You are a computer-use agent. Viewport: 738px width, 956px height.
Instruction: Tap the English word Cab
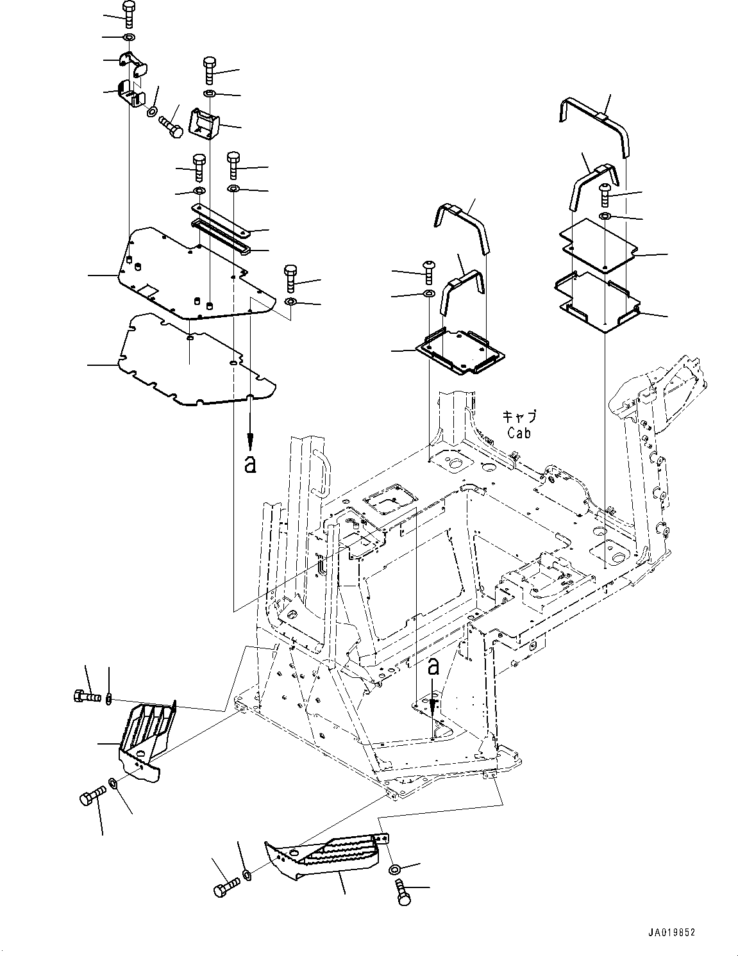pyautogui.click(x=519, y=433)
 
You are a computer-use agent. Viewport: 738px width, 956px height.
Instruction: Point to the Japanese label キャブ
pyautogui.click(x=519, y=416)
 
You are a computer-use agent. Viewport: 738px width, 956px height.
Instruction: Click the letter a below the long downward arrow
pyautogui.click(x=250, y=465)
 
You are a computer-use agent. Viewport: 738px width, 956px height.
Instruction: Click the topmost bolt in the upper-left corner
pyautogui.click(x=128, y=13)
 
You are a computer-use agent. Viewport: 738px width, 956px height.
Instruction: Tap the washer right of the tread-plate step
pyautogui.click(x=395, y=869)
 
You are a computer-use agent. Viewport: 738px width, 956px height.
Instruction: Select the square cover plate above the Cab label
pyautogui.click(x=460, y=349)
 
